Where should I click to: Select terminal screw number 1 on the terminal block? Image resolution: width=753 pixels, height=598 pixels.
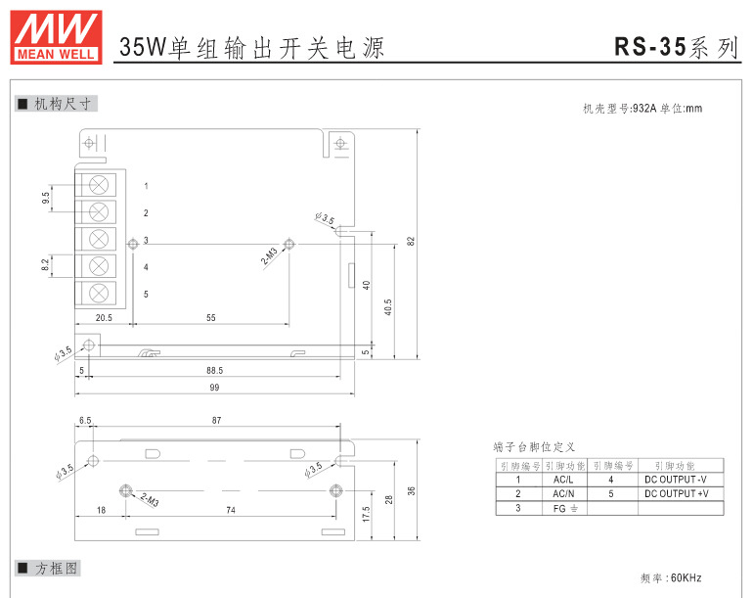(x=98, y=185)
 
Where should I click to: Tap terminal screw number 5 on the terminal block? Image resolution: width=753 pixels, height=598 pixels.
(x=98, y=293)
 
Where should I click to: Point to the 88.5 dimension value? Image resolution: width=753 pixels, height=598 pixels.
(x=214, y=370)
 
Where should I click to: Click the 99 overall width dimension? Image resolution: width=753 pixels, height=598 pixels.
(x=214, y=389)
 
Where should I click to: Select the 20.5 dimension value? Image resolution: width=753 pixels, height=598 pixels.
(x=104, y=318)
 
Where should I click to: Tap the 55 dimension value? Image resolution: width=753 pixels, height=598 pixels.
(x=210, y=318)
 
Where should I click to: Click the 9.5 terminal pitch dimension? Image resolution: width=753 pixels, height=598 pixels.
(x=45, y=198)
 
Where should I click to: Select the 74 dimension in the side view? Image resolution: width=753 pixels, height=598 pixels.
(x=231, y=511)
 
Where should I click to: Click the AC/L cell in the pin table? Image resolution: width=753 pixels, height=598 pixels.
(x=562, y=480)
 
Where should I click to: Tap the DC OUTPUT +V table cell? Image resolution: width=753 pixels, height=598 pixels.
(x=682, y=494)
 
